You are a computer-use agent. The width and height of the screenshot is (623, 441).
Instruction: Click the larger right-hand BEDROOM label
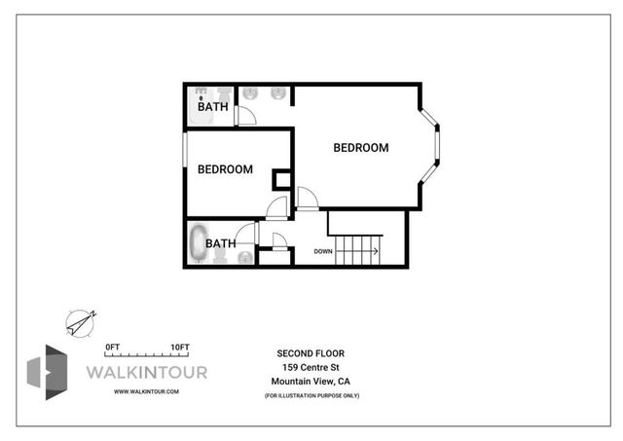point(360,148)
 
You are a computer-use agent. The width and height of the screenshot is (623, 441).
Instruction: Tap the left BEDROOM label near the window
point(225,169)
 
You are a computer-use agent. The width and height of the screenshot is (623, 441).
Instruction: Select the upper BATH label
point(213,107)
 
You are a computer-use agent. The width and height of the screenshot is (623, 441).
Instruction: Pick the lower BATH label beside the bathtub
point(220,243)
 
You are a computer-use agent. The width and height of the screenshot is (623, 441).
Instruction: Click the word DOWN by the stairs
point(323,251)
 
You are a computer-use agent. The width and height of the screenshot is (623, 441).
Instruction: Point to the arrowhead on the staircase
point(375,251)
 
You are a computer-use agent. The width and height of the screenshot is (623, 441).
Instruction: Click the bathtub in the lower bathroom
point(198,243)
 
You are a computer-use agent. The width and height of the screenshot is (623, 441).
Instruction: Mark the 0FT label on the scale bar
point(112,347)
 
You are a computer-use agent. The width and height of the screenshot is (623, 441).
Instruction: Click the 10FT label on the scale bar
point(179,347)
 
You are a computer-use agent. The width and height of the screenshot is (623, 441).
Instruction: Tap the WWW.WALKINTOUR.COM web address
point(146,390)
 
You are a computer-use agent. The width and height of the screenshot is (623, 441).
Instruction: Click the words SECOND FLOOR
point(311,352)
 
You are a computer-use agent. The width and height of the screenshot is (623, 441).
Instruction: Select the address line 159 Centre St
point(311,366)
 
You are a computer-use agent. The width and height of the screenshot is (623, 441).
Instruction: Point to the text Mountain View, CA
point(311,381)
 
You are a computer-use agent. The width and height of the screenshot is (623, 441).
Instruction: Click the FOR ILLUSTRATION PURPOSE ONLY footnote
point(311,394)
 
